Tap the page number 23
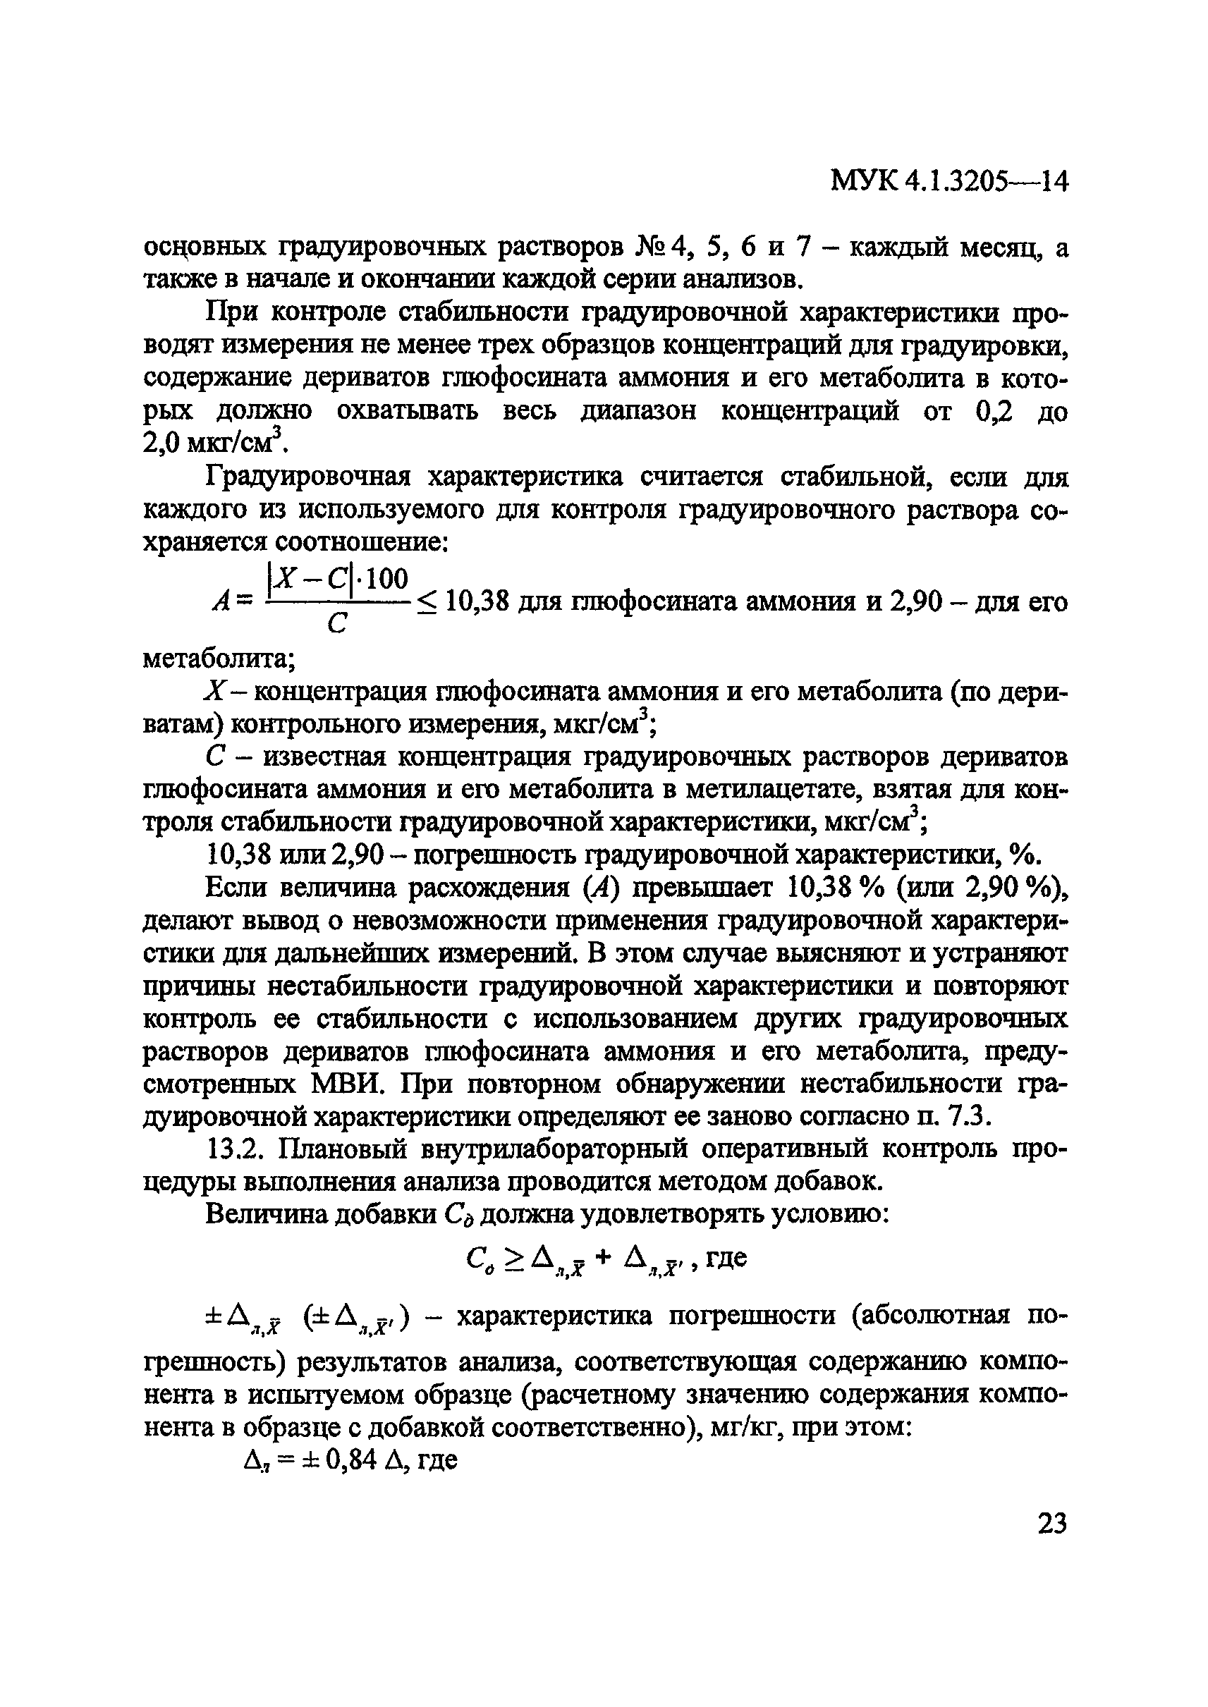pyautogui.click(x=1051, y=1523)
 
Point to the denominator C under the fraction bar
pyautogui.click(x=337, y=625)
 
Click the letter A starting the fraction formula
pyautogui.click(x=221, y=602)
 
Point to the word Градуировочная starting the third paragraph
pyautogui.click(x=308, y=477)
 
